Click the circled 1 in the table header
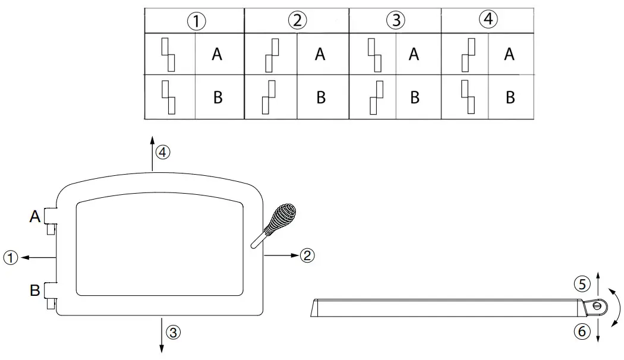[196, 21]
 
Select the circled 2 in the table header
[297, 20]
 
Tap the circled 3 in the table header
[396, 20]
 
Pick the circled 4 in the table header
[489, 19]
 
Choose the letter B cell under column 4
[510, 97]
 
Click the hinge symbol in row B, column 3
[376, 97]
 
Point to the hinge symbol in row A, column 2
[272, 55]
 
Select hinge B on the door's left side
[51, 295]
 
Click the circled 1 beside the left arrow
[11, 258]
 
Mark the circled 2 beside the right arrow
[307, 255]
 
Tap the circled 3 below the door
[173, 332]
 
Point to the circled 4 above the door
[163, 152]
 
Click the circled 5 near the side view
[582, 284]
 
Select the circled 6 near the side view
[582, 331]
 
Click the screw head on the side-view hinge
[597, 307]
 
